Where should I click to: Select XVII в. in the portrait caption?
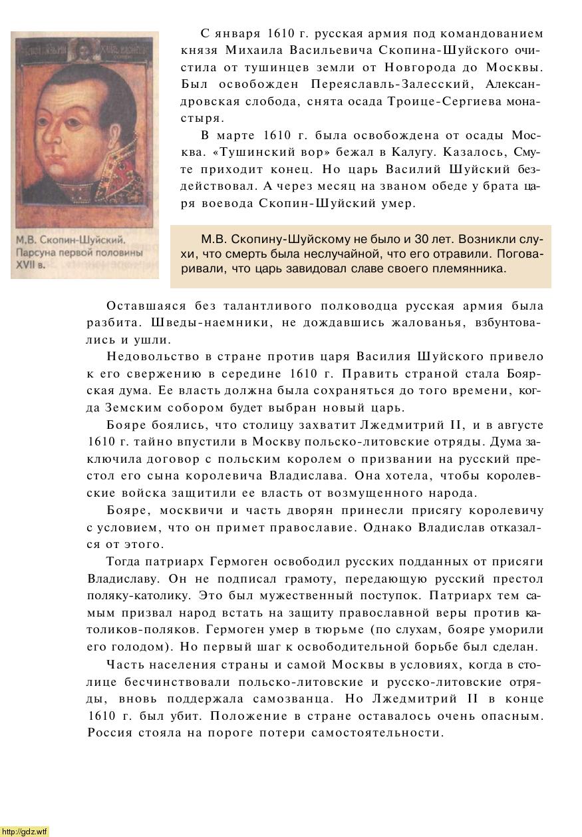[x=31, y=264]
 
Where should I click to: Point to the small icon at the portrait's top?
[x=86, y=47]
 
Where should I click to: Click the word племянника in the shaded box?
[x=472, y=269]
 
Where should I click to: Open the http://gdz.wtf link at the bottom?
[x=25, y=831]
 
